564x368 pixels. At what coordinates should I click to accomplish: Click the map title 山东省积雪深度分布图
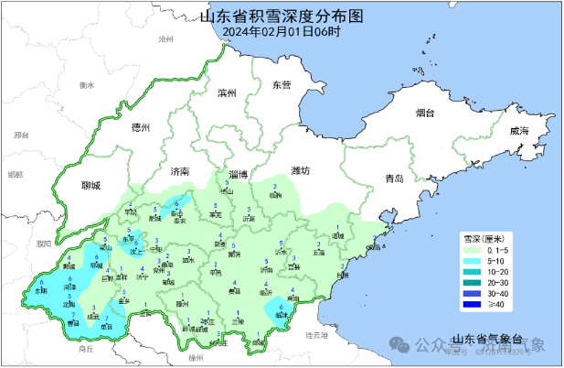pos(281,16)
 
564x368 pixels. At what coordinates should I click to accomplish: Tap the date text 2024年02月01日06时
pos(281,31)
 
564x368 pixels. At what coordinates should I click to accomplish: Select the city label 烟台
pos(425,114)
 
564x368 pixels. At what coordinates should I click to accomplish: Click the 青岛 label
pos(394,178)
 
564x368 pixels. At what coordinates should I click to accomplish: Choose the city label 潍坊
pos(301,170)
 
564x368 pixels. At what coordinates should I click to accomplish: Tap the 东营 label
pos(282,85)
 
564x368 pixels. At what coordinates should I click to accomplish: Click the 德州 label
pos(141,127)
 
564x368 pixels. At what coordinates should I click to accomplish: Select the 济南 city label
pos(179,171)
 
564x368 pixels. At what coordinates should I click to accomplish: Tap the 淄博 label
pos(239,173)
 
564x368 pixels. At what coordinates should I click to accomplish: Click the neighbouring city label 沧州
pos(165,40)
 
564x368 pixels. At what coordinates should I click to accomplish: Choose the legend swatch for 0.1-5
pos(473,250)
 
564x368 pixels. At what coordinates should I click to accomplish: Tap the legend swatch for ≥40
pos(473,304)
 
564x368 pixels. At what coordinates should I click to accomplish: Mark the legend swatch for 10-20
pos(473,271)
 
